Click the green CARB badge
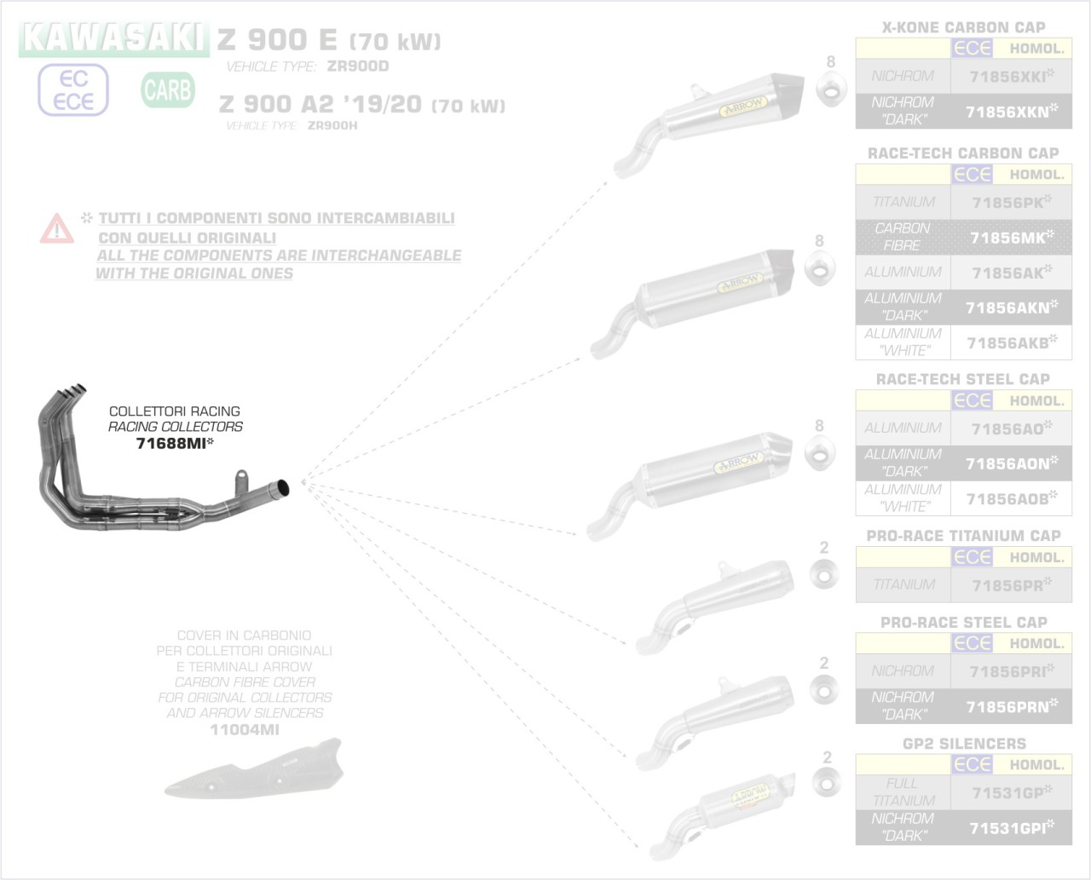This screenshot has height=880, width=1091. [168, 89]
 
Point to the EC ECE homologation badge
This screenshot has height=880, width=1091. [73, 90]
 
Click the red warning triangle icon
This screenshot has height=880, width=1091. [56, 228]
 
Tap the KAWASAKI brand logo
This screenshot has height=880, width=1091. [113, 37]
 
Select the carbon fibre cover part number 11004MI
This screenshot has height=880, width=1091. [244, 729]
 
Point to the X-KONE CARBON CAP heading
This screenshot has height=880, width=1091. [963, 27]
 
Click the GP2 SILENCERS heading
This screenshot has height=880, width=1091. [963, 744]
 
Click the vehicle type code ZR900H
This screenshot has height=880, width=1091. [332, 125]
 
